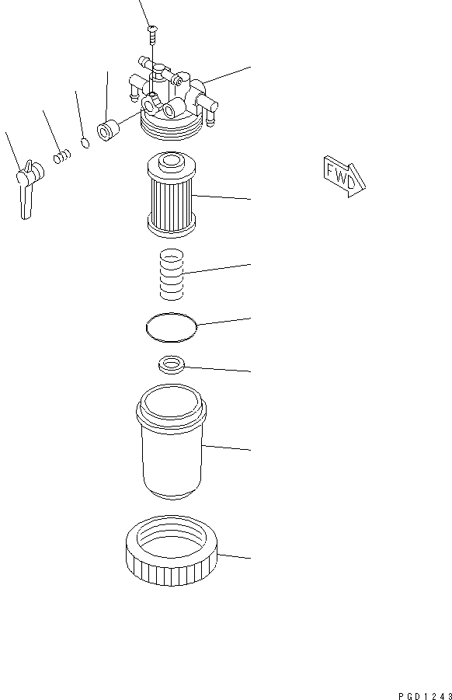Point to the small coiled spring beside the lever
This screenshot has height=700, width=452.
(x=62, y=158)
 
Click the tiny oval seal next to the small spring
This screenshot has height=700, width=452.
(x=85, y=145)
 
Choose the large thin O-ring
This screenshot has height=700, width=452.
(x=171, y=326)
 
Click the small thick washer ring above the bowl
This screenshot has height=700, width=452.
(x=171, y=364)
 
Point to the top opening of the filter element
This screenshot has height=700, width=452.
(x=171, y=162)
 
